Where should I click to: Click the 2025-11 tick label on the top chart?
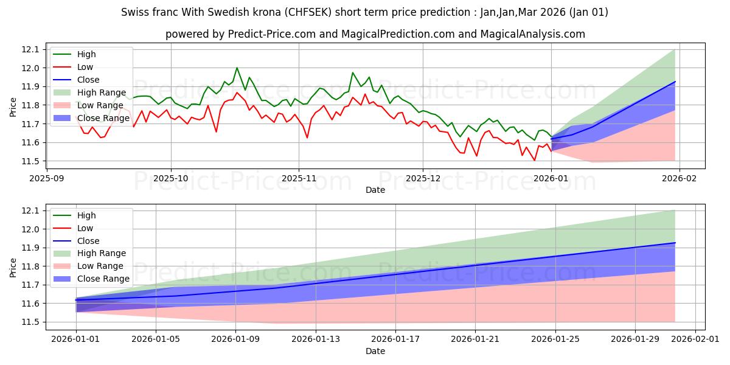(x=298, y=179)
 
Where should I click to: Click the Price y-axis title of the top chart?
(x=13, y=107)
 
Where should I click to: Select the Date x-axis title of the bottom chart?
(x=375, y=352)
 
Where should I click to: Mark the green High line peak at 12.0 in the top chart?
(x=237, y=68)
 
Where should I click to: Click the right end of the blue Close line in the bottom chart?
(x=675, y=243)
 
